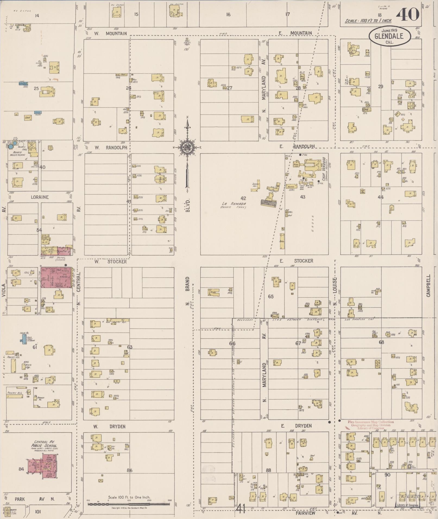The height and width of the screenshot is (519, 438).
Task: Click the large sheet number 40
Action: pos(408,14)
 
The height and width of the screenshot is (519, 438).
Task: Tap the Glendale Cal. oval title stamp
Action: pos(389,36)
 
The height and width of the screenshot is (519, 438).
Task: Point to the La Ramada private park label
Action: pos(234,205)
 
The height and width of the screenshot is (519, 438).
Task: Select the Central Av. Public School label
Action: pos(44,444)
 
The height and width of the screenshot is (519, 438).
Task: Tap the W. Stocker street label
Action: pos(110,262)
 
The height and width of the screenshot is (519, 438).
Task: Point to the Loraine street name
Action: pos(40,197)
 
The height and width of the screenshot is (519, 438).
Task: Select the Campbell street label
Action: pos(428,285)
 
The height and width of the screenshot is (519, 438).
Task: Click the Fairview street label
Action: pos(305,513)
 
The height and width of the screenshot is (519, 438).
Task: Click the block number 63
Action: pos(130,347)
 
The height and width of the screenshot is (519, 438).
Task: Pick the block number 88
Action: pos(268,470)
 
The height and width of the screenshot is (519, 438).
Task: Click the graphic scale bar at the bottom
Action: pos(129,504)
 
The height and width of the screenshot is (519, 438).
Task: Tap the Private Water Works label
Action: pos(19,154)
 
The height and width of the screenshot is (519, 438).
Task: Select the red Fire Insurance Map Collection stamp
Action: pos(371,425)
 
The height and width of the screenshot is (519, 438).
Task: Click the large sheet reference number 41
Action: pos(241,509)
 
